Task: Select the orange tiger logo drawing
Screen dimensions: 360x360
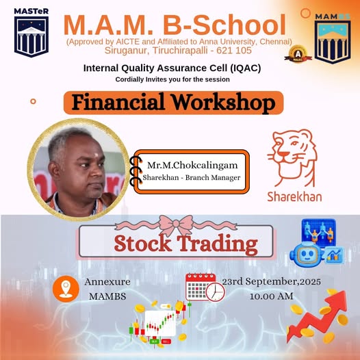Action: tap(292, 157)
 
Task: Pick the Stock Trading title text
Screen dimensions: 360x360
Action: tap(186, 244)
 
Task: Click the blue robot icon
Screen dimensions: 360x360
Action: tap(307, 254)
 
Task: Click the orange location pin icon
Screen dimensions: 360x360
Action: tap(65, 288)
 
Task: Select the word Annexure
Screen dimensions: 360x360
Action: tap(107, 282)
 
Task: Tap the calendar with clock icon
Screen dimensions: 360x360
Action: tap(204, 287)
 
